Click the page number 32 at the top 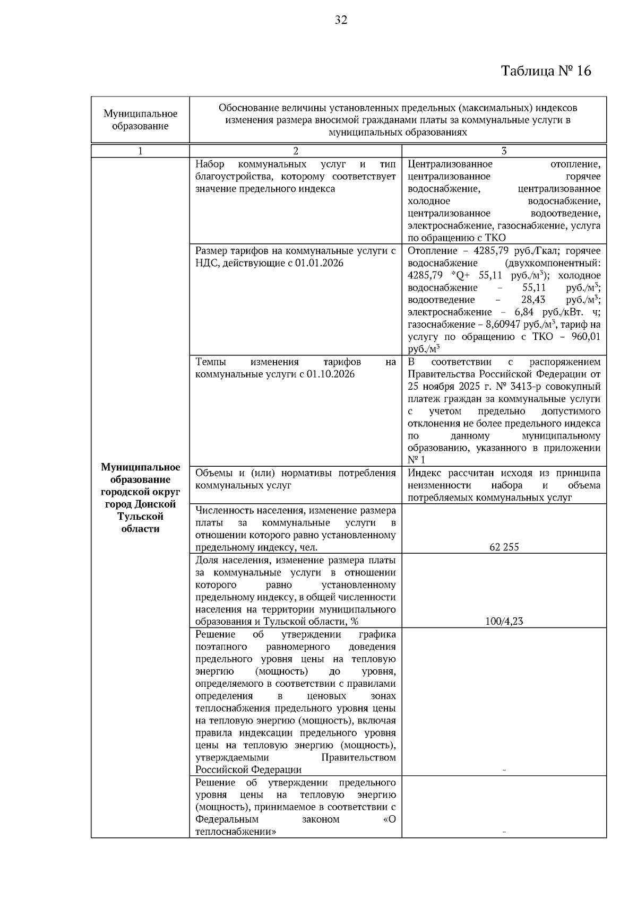[x=341, y=20]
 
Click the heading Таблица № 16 [x=546, y=71]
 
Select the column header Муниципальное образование [x=140, y=120]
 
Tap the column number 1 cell [x=140, y=151]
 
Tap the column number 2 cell [x=296, y=151]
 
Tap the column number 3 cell [x=504, y=151]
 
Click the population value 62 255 [x=504, y=547]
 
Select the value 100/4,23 [x=504, y=621]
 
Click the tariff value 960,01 [x=586, y=337]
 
